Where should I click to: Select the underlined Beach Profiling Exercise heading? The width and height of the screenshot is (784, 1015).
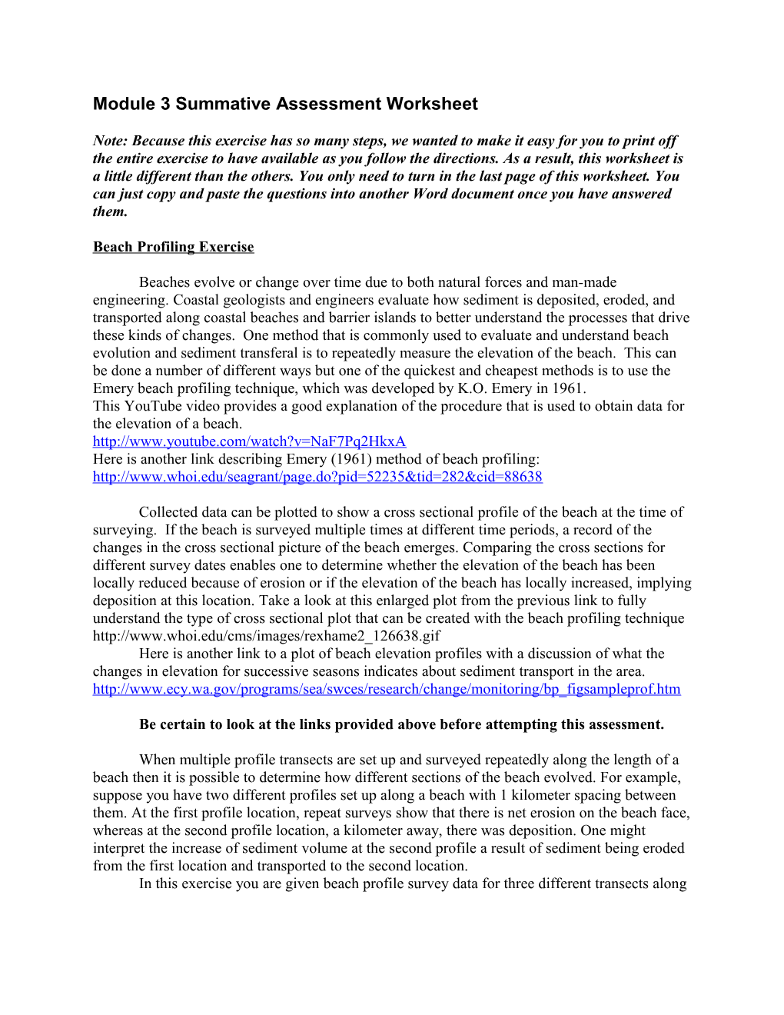(x=173, y=247)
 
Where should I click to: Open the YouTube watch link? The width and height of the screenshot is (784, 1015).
(x=249, y=441)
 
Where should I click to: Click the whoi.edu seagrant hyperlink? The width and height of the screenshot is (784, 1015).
(x=317, y=477)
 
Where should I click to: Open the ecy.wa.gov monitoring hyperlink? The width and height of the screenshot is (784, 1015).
(x=387, y=689)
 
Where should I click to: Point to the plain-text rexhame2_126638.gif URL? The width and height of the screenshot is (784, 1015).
(x=267, y=636)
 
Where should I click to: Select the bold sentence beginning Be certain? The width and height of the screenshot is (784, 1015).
(x=401, y=724)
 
